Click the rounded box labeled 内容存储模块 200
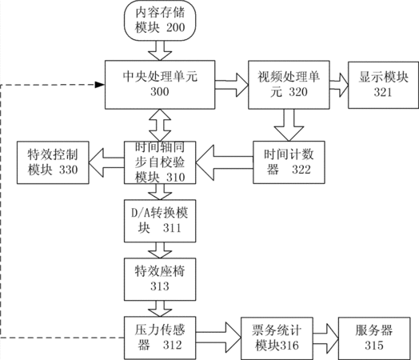coord(160,21)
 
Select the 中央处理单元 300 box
coord(160,85)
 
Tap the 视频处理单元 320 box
coord(289,85)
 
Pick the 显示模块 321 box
coord(383,85)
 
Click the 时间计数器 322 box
coord(289,162)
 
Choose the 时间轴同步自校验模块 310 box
coord(160,162)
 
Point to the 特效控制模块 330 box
coord(53,162)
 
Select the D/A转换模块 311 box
coord(160,221)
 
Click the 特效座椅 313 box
coord(160,279)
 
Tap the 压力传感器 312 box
coord(160,338)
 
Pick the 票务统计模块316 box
coord(277,338)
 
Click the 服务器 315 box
coord(374,338)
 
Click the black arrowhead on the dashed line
coord(100,85)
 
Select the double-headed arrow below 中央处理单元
coord(160,125)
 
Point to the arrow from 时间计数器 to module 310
coord(225,162)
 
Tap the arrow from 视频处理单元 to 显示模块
coord(339,85)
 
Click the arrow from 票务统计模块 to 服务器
coord(325,338)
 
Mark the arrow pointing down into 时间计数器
coord(289,125)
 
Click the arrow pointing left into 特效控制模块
coord(106,162)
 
